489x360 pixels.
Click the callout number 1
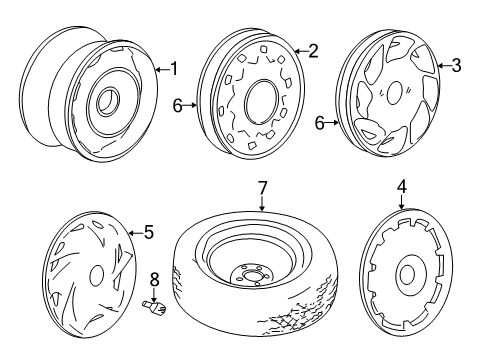coord(173,68)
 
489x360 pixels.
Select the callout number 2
coord(312,51)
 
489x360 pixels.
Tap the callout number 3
coord(456,66)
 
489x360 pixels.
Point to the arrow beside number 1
coord(160,68)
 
